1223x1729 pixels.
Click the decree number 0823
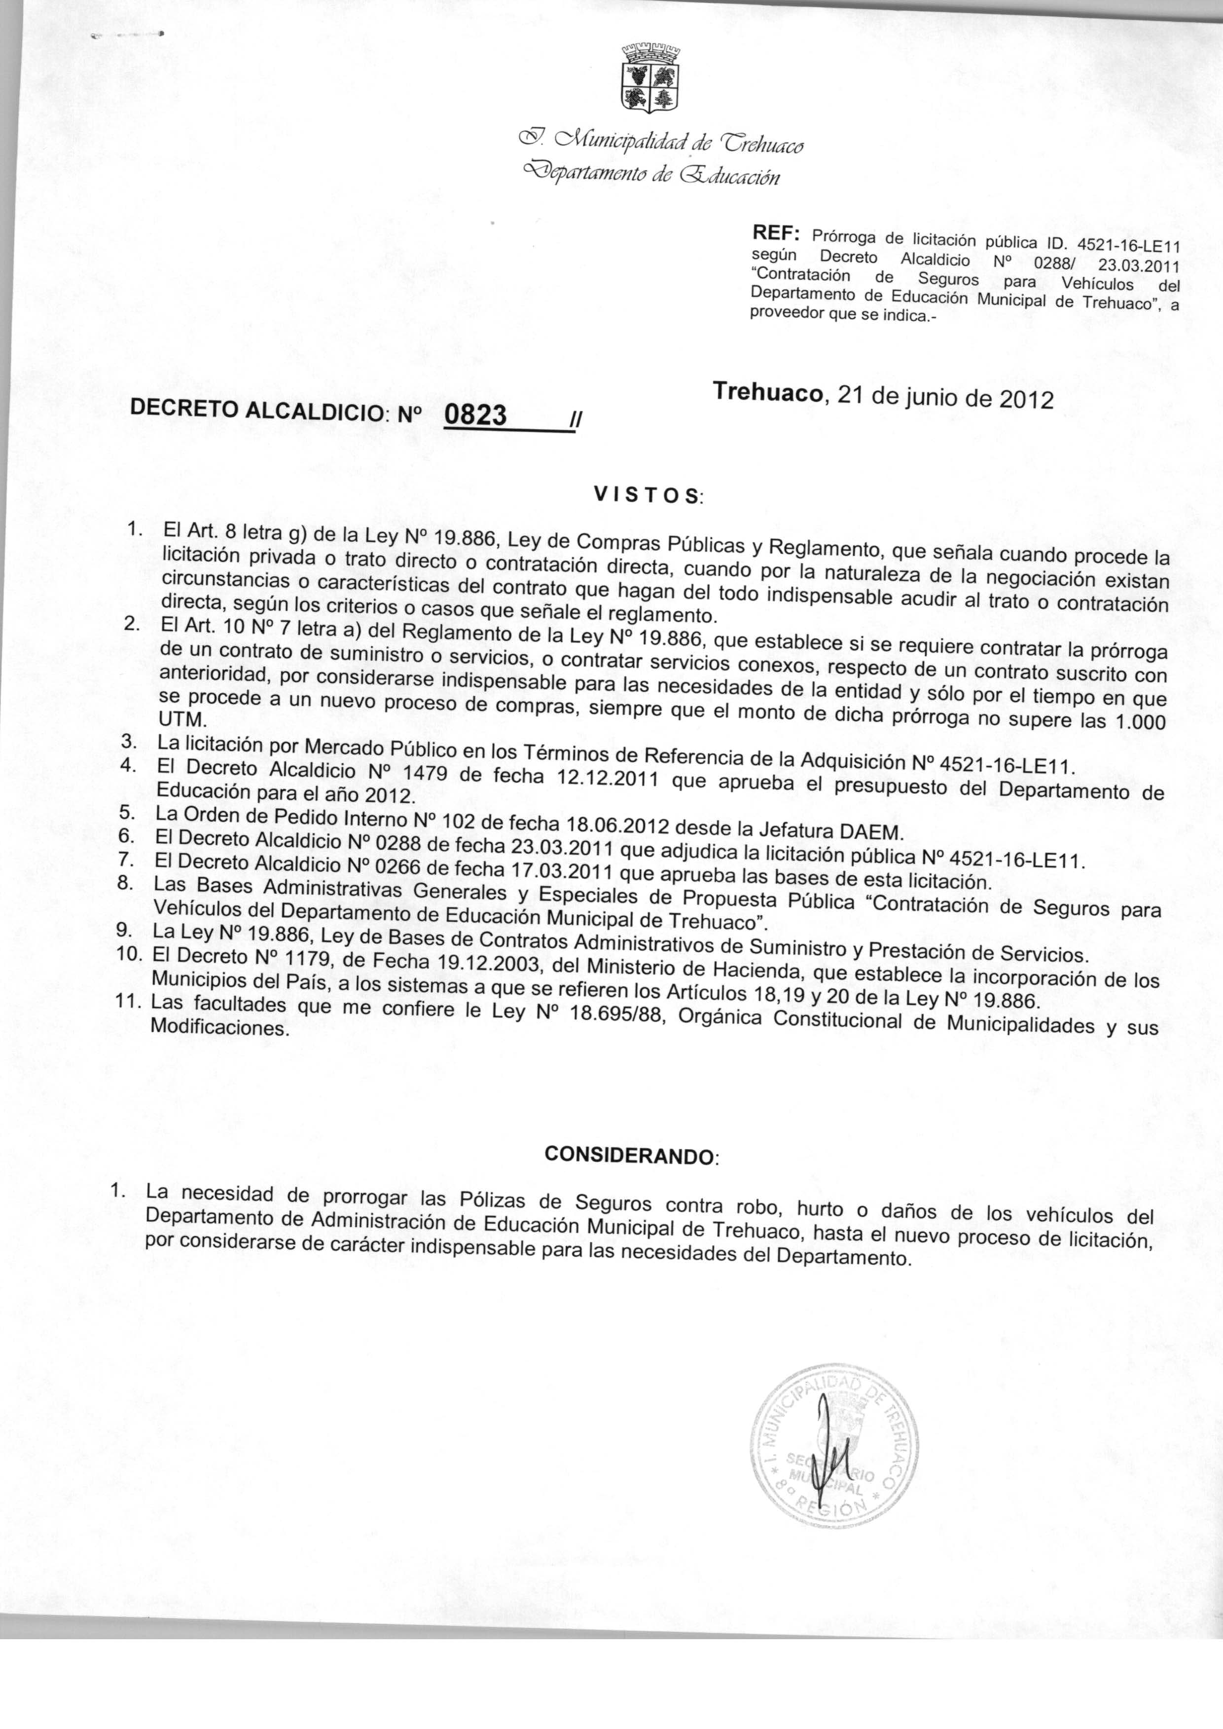point(475,414)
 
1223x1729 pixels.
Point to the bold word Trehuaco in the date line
point(767,392)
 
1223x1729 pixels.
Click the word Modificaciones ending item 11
point(220,1028)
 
